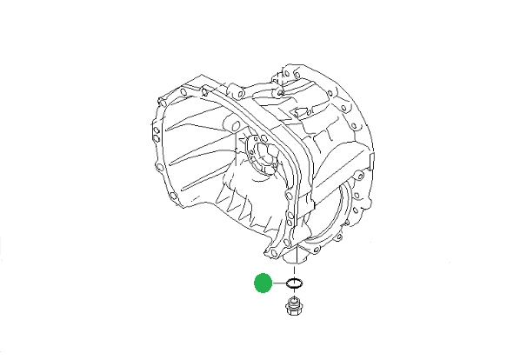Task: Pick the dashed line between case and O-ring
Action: (x=295, y=270)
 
